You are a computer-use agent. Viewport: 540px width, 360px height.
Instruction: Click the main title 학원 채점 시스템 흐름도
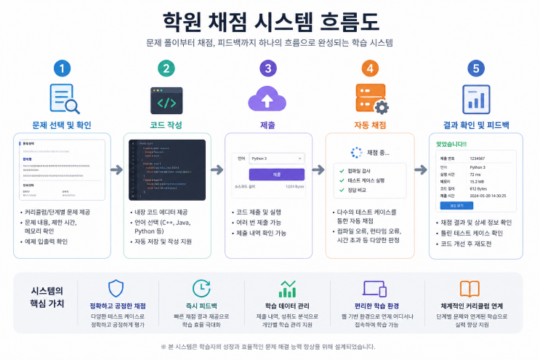pos(270,17)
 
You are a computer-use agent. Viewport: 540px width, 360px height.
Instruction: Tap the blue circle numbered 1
pos(64,69)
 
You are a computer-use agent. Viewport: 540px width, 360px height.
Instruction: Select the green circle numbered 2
pos(166,69)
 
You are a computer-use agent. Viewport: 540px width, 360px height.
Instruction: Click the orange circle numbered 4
pos(371,69)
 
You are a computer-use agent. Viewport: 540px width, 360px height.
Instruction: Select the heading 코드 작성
pos(166,124)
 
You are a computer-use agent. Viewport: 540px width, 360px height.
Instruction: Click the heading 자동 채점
pos(371,124)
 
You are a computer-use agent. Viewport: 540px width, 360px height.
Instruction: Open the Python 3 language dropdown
pos(275,158)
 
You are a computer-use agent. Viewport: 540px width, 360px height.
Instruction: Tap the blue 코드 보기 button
pos(456,206)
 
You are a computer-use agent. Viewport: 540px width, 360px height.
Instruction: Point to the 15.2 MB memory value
pos(480,182)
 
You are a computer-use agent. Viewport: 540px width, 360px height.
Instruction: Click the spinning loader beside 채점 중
pos(356,153)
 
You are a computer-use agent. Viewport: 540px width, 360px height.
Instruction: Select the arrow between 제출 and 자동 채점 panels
pos(318,169)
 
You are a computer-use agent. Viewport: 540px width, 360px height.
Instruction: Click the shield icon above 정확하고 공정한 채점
pos(117,288)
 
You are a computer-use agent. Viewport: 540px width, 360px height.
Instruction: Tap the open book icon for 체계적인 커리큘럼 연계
pos(470,289)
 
